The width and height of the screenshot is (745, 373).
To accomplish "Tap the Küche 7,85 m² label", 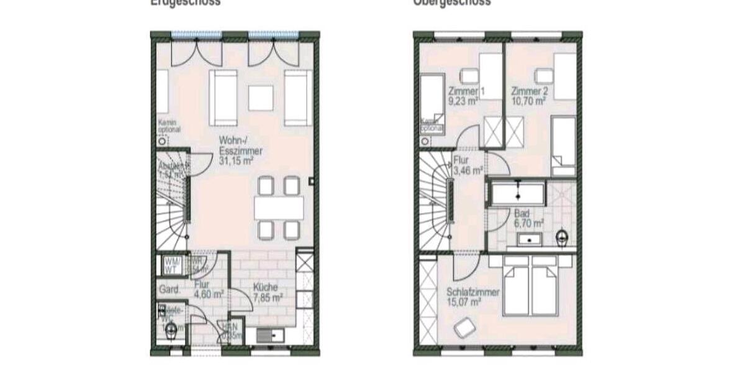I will click(268, 292).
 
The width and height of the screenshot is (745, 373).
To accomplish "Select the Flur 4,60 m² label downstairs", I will click(208, 290).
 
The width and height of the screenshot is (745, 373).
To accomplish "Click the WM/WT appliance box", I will click(171, 265).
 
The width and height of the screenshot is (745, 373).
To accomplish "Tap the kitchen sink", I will click(271, 336).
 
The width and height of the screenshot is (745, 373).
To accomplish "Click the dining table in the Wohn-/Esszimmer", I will click(279, 208).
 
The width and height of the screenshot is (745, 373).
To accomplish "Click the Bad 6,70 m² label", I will click(528, 218).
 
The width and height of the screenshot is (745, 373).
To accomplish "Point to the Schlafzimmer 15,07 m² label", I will click(472, 297).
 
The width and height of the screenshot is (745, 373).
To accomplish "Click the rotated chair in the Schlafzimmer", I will click(464, 327).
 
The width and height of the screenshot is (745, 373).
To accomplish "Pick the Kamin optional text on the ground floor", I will click(169, 126).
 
